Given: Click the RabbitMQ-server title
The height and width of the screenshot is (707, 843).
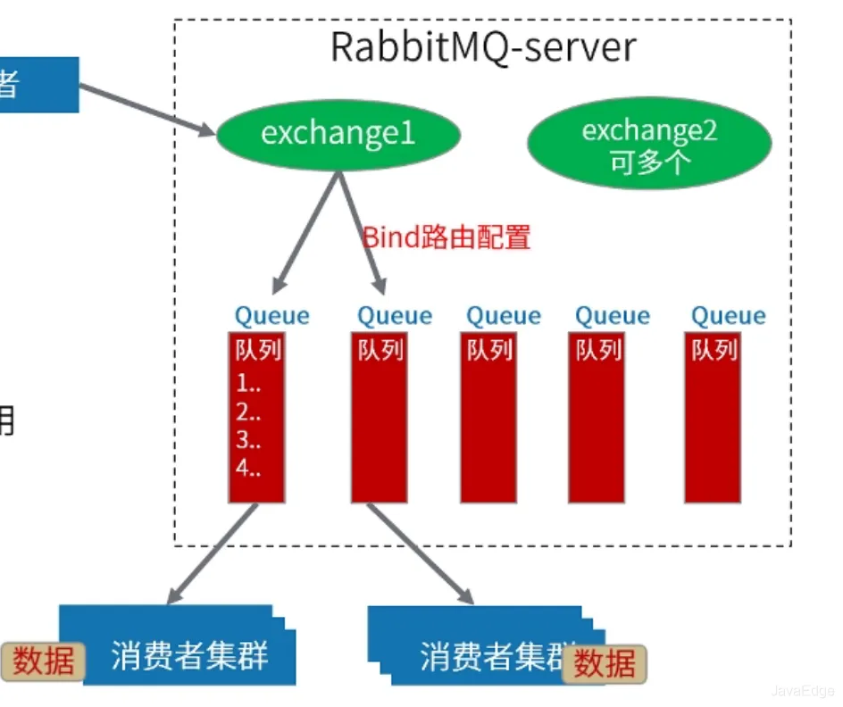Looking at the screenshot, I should [x=483, y=46].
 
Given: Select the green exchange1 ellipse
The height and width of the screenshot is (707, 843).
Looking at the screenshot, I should [x=338, y=134].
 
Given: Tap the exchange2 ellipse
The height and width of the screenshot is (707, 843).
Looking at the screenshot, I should [x=649, y=144].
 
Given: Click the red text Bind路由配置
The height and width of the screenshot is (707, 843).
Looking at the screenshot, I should [x=447, y=237].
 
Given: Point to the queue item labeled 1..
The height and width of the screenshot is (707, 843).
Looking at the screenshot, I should [x=248, y=385].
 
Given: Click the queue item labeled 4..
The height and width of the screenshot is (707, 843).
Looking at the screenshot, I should [x=248, y=468].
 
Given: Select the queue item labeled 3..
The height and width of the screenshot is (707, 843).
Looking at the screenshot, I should [x=248, y=440].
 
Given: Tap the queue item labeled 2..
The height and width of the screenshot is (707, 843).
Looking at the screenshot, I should [x=248, y=412].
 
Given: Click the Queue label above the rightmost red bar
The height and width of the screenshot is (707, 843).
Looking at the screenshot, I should [x=729, y=316].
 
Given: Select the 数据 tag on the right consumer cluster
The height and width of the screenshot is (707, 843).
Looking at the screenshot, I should [x=605, y=664].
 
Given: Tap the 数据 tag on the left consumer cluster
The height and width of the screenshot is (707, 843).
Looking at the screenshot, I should [x=44, y=661].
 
